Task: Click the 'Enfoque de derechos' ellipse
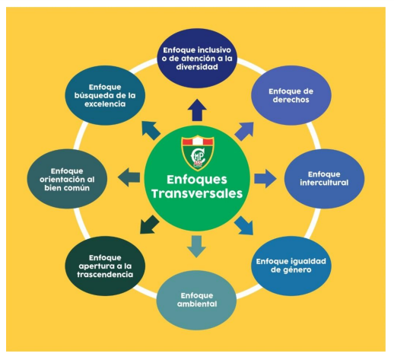pyautogui.click(x=291, y=95)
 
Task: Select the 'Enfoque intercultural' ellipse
pyautogui.click(x=324, y=179)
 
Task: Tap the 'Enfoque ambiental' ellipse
pyautogui.click(x=197, y=300)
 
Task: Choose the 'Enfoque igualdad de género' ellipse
pyautogui.click(x=291, y=266)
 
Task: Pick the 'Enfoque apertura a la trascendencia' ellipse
pyautogui.click(x=105, y=266)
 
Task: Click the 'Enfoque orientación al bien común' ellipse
pyautogui.click(x=67, y=179)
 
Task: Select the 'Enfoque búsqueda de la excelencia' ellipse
pyautogui.click(x=105, y=95)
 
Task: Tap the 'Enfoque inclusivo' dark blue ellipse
pyautogui.click(x=197, y=59)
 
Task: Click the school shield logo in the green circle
pyautogui.click(x=198, y=153)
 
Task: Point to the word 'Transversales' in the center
pyautogui.click(x=197, y=193)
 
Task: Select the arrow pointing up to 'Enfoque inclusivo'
pyautogui.click(x=197, y=110)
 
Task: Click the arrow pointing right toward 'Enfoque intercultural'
pyautogui.click(x=265, y=179)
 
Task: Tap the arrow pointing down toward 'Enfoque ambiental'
pyautogui.click(x=197, y=247)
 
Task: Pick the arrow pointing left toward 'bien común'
pyautogui.click(x=129, y=177)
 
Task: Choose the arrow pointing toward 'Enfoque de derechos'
pyautogui.click(x=244, y=131)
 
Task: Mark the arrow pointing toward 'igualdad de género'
pyautogui.click(x=244, y=225)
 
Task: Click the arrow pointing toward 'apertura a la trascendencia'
pyautogui.click(x=150, y=225)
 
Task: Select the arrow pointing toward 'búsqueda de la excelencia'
pyautogui.click(x=151, y=131)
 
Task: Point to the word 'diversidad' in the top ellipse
pyautogui.click(x=197, y=67)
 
